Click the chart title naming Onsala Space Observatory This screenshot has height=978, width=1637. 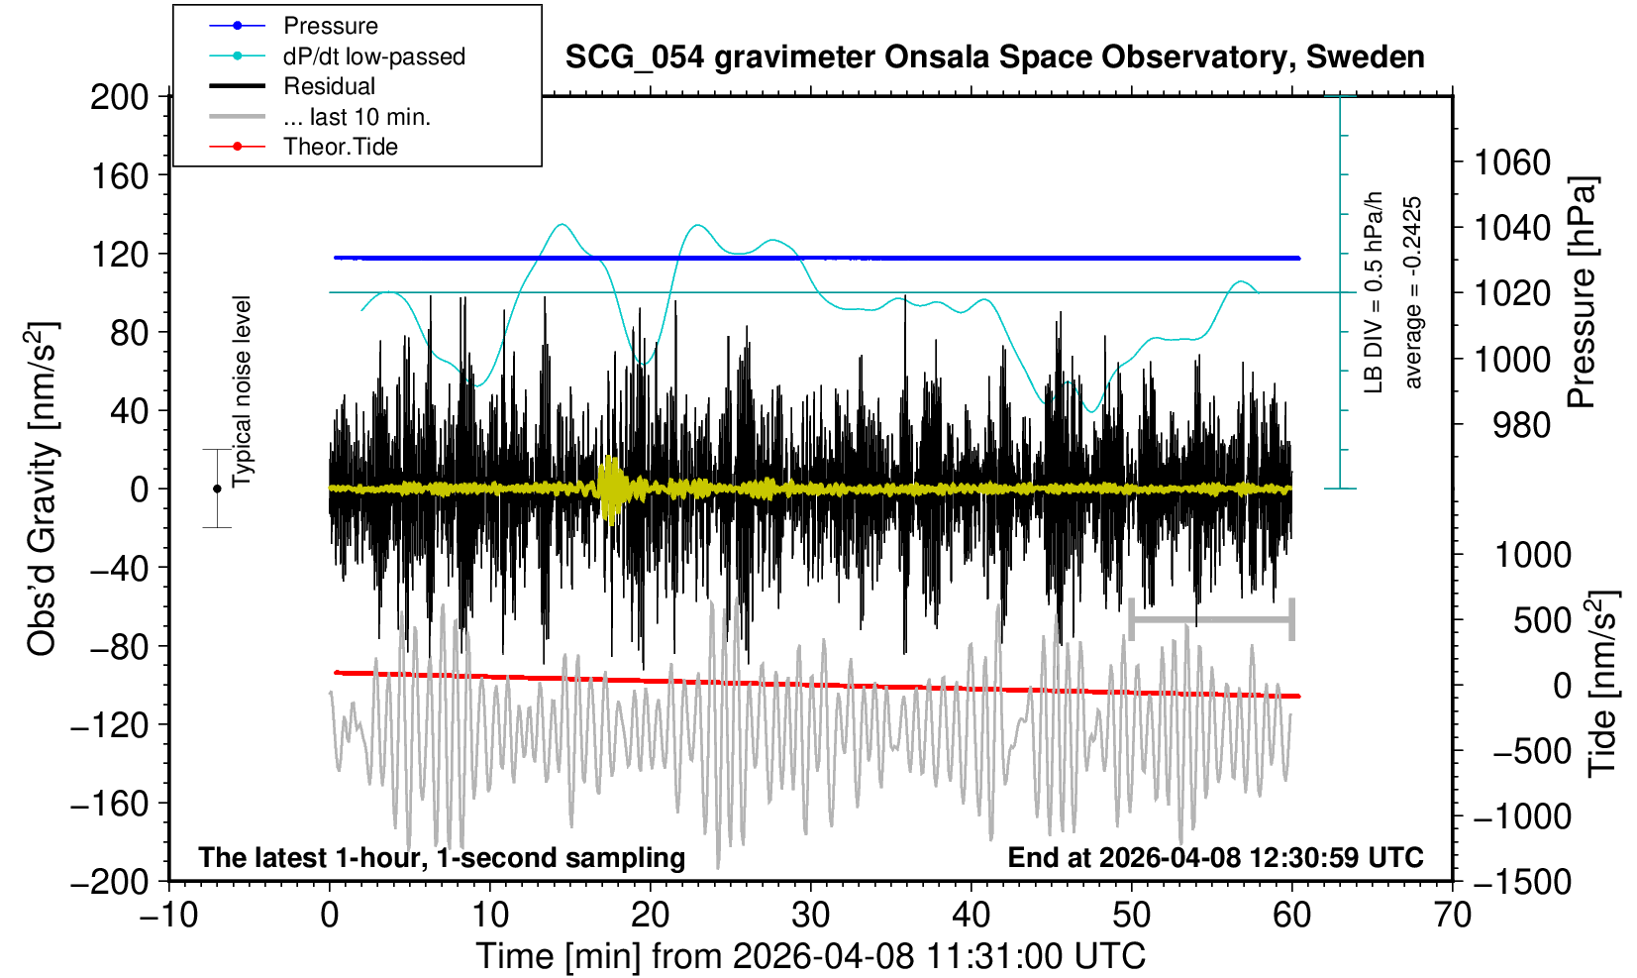(994, 57)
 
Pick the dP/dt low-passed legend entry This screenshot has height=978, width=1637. (373, 56)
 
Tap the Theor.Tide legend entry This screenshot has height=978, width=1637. (340, 147)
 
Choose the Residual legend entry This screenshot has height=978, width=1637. (329, 86)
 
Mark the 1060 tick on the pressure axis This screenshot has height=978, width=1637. (1512, 162)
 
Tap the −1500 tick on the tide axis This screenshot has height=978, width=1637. (1522, 881)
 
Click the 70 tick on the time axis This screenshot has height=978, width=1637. (1452, 915)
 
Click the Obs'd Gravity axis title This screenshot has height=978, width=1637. (42, 489)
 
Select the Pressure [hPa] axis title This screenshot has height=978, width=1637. (1583, 292)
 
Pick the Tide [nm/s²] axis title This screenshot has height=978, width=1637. (1602, 684)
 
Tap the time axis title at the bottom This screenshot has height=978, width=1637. (810, 956)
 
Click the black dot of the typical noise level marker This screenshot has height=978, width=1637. (217, 489)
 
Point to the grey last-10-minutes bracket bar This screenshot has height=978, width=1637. (1211, 620)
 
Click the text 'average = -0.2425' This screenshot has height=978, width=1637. (1413, 292)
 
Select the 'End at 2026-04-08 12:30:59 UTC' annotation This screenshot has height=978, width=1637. (1215, 857)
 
